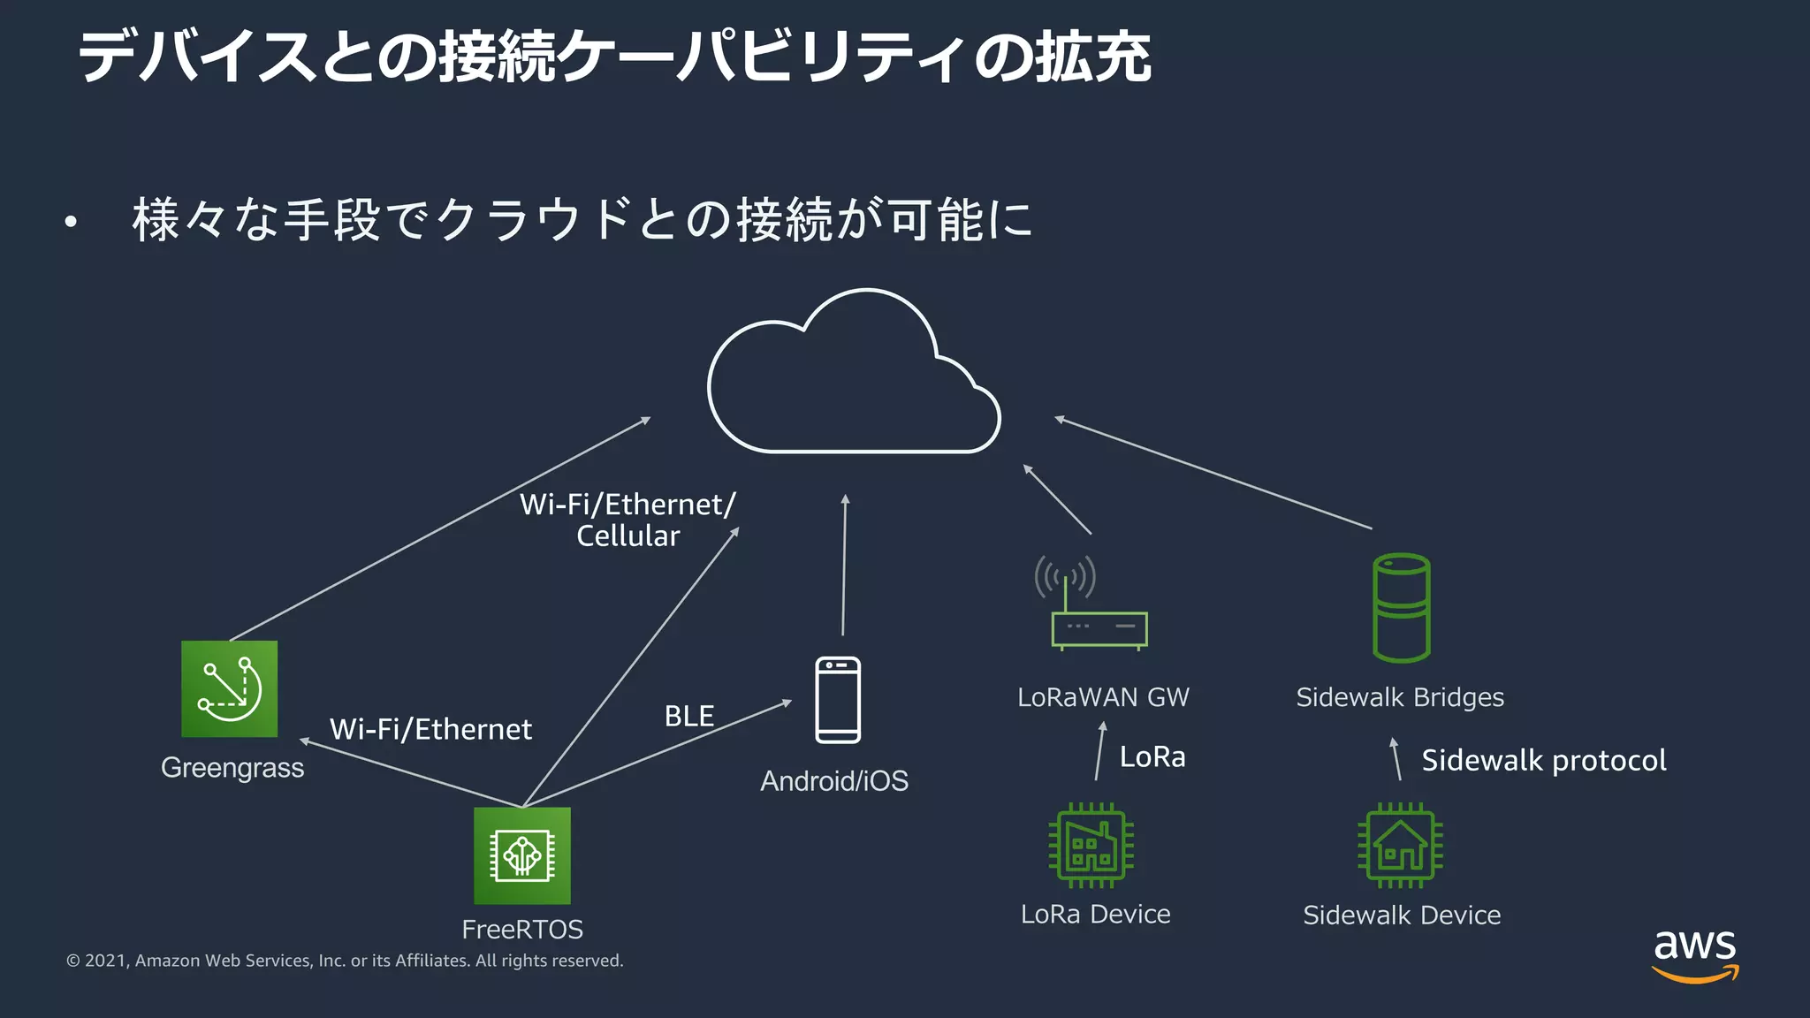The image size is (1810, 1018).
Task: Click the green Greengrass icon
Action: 229,688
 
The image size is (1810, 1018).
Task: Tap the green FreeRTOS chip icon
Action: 521,855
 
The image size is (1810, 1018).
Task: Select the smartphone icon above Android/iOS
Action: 837,700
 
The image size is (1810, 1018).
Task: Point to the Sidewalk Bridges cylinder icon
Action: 1401,608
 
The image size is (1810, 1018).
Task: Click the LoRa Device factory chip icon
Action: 1091,845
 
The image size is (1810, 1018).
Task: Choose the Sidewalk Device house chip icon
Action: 1400,845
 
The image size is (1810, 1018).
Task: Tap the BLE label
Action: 688,716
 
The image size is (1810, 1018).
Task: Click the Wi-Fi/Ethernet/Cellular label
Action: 627,520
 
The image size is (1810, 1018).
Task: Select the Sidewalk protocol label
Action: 1543,760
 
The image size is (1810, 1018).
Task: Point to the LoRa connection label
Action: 1152,756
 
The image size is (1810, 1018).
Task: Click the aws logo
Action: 1694,954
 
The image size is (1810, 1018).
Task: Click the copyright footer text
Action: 345,961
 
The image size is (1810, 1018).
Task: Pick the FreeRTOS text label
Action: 521,930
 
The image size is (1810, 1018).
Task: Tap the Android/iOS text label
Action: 833,781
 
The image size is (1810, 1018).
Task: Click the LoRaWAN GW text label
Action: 1103,697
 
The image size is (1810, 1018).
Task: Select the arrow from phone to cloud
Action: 844,566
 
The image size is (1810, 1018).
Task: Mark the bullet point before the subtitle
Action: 71,222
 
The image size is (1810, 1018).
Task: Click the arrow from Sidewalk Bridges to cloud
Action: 1213,473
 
